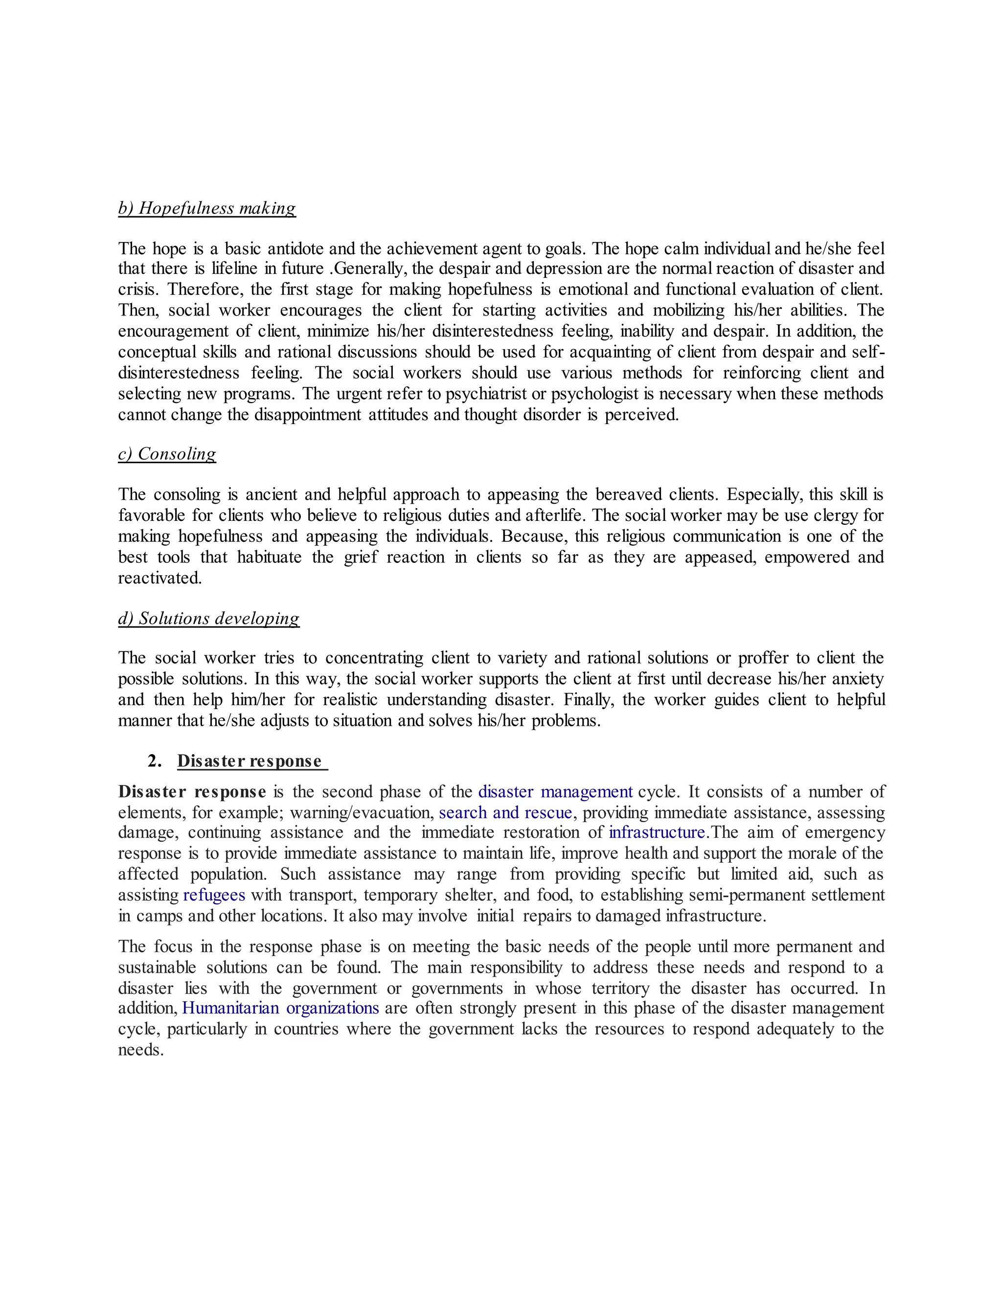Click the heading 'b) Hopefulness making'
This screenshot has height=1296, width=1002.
pyautogui.click(x=206, y=208)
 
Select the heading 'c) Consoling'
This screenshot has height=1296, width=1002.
pyautogui.click(x=167, y=454)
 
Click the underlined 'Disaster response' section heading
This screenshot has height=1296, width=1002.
pyautogui.click(x=250, y=761)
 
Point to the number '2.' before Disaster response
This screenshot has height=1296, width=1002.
pyautogui.click(x=154, y=761)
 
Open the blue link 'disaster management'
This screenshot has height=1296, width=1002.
pyautogui.click(x=555, y=792)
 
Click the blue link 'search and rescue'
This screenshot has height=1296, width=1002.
pyautogui.click(x=505, y=812)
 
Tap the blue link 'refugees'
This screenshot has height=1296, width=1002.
pyautogui.click(x=214, y=895)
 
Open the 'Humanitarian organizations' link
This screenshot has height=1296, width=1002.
pyautogui.click(x=280, y=1008)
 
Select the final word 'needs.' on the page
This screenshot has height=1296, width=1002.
pyautogui.click(x=141, y=1050)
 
